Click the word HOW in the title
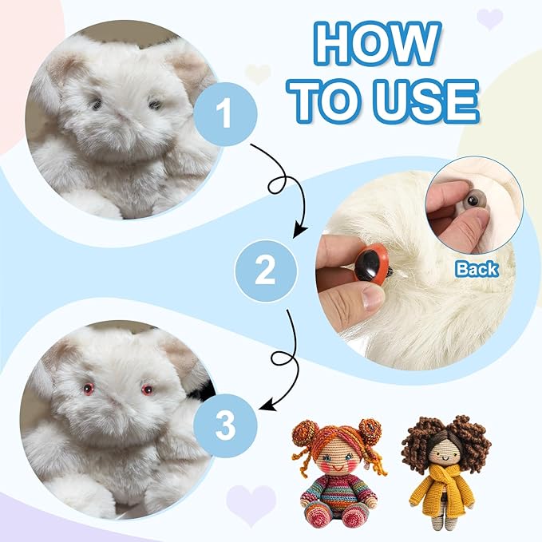[378, 44]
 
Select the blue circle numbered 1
[225, 113]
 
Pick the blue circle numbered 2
[266, 271]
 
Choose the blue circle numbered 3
[225, 426]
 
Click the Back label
[477, 269]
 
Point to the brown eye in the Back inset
[473, 200]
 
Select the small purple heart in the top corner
[489, 18]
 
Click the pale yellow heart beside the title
[258, 73]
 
